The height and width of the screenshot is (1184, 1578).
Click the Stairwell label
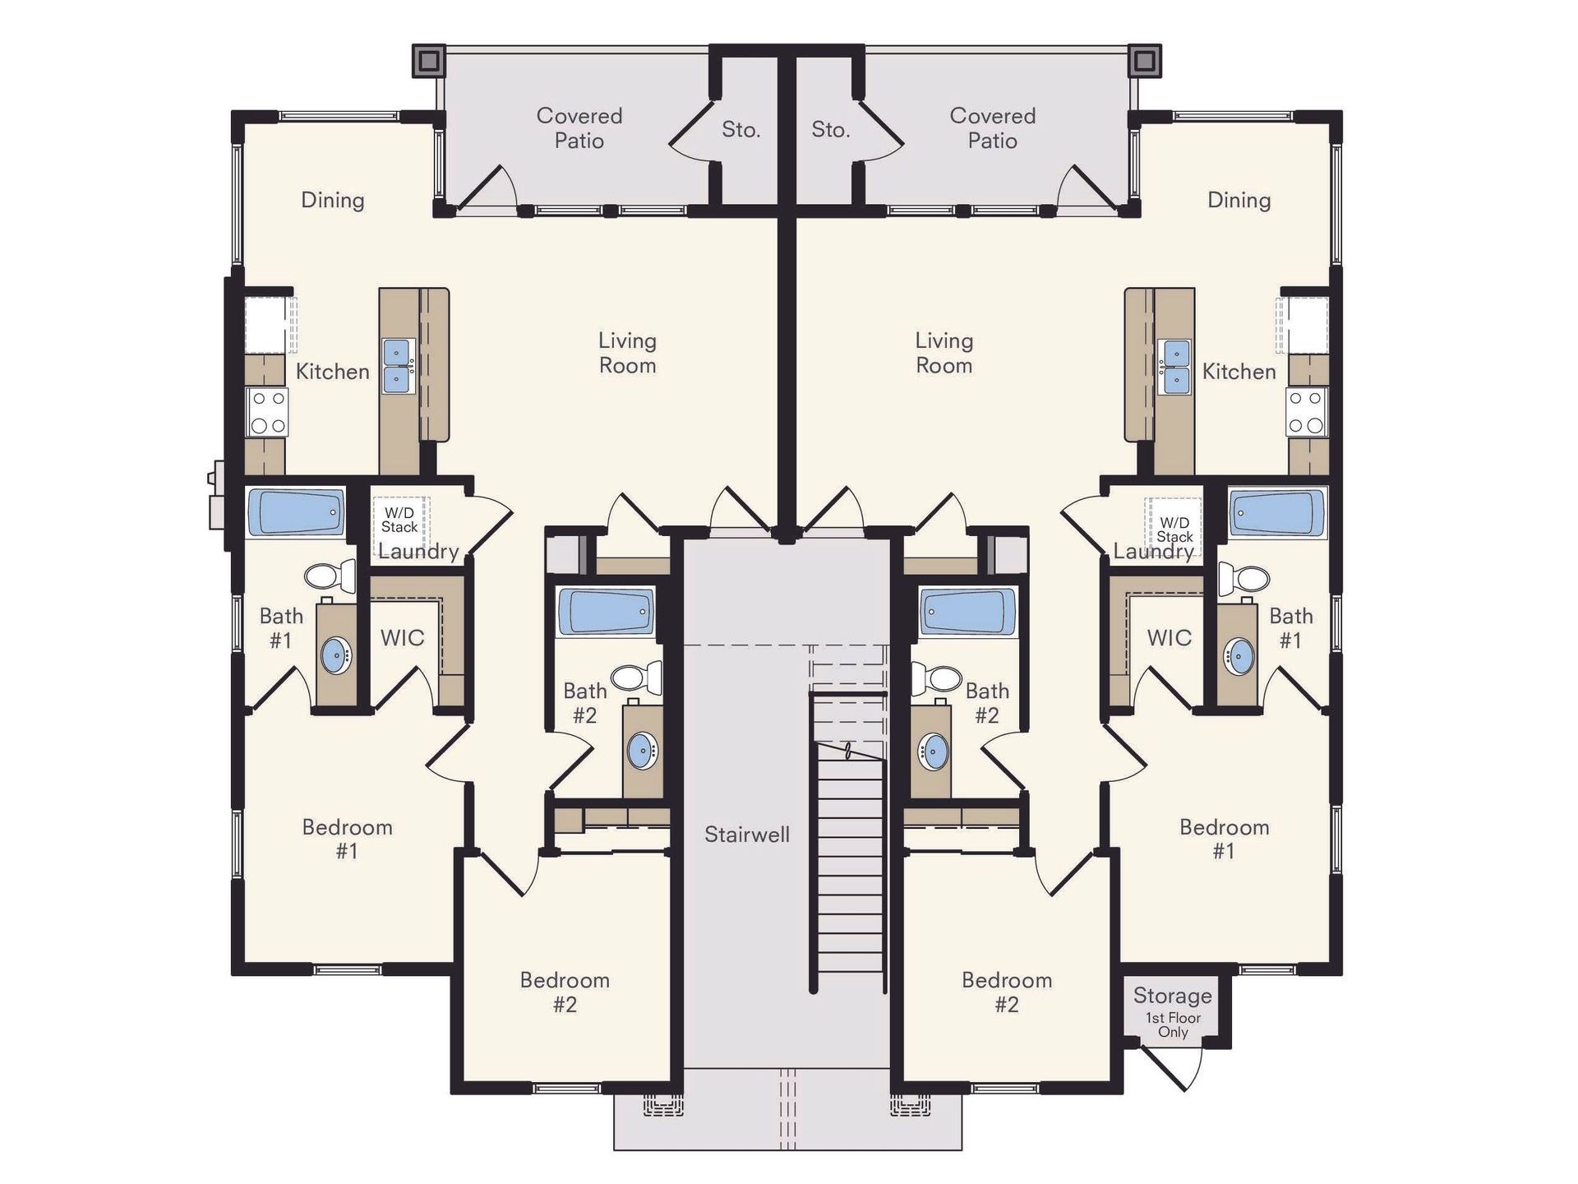click(x=746, y=835)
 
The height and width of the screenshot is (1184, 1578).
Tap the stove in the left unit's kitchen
click(x=268, y=412)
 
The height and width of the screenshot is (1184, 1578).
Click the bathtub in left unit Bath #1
click(x=295, y=512)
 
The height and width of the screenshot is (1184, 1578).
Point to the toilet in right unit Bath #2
click(x=938, y=678)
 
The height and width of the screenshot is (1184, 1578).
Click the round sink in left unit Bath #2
click(x=643, y=750)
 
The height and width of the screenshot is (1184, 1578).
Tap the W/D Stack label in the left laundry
click(x=399, y=520)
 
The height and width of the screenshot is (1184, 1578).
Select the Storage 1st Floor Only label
click(x=1173, y=1012)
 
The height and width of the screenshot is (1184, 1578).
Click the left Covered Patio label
click(x=579, y=128)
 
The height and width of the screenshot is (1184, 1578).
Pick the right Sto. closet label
click(x=830, y=130)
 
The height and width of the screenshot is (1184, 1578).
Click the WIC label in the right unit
click(x=1169, y=638)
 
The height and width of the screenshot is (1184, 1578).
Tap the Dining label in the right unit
click(x=1239, y=201)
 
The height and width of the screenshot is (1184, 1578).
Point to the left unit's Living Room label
click(x=627, y=353)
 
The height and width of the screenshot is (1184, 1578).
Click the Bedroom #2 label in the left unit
click(x=565, y=992)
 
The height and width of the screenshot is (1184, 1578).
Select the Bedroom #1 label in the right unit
click(x=1224, y=839)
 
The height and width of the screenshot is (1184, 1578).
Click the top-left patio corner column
click(x=428, y=61)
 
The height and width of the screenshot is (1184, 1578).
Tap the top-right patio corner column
click(x=1144, y=61)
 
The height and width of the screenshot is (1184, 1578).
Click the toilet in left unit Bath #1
click(x=330, y=575)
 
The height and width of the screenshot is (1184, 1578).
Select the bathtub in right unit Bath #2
click(x=967, y=612)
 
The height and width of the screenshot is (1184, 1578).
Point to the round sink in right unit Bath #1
click(x=1239, y=655)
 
